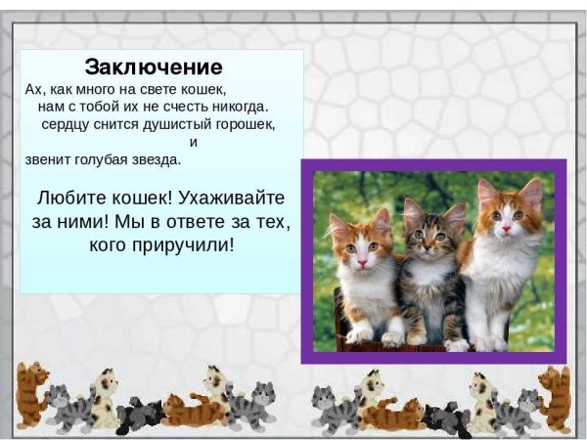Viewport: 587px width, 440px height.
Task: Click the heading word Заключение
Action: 154,67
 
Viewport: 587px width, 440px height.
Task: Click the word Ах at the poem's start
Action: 34,88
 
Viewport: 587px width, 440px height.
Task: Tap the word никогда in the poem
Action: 243,106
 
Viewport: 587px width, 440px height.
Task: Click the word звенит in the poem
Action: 46,159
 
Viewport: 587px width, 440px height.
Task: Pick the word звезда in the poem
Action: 158,159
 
